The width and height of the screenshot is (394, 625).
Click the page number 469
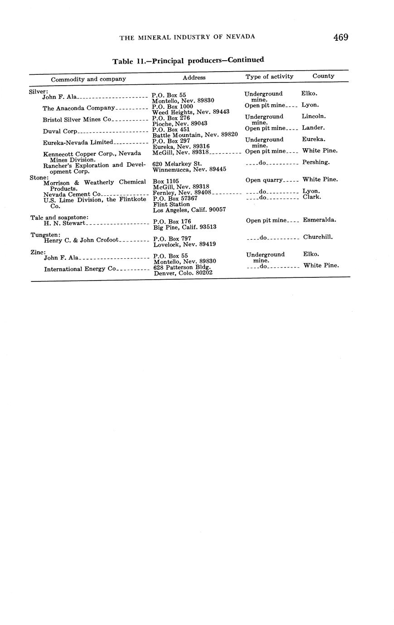pyautogui.click(x=340, y=38)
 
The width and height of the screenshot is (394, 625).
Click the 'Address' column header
pyautogui.click(x=194, y=78)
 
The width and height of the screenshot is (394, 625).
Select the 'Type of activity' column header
pyautogui.click(x=269, y=77)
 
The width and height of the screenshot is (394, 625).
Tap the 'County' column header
pyautogui.click(x=323, y=76)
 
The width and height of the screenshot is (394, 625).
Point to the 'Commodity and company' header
pyautogui.click(x=88, y=79)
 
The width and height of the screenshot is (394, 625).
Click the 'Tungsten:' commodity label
pyautogui.click(x=45, y=234)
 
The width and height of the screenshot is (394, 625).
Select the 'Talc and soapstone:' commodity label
pyautogui.click(x=59, y=218)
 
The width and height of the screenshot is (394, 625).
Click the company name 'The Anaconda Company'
pyautogui.click(x=79, y=108)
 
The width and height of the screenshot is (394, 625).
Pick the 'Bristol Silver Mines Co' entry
pyautogui.click(x=77, y=120)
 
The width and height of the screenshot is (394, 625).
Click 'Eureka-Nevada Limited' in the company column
pyautogui.click(x=78, y=143)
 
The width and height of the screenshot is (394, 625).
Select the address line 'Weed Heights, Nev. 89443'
pyautogui.click(x=190, y=112)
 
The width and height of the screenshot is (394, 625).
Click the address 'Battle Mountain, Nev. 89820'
pyautogui.click(x=195, y=135)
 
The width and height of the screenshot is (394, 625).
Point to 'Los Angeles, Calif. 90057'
pyautogui.click(x=189, y=210)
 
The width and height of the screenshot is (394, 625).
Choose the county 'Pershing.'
pyautogui.click(x=316, y=162)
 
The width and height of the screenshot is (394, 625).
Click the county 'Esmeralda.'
pyautogui.click(x=319, y=220)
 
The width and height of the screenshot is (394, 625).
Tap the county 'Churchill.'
pyautogui.click(x=318, y=237)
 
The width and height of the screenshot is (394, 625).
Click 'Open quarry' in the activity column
pyautogui.click(x=264, y=180)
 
